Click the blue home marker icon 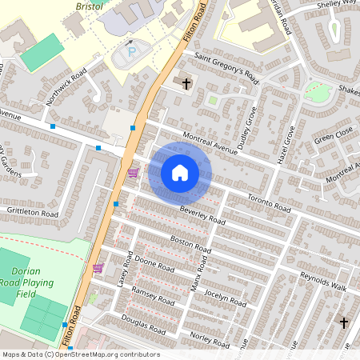point(180,173)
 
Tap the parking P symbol point(132,53)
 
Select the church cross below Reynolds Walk point(344,323)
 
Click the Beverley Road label point(202,214)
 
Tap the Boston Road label point(190,244)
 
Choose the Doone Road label point(154,266)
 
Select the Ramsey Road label point(152,295)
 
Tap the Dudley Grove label point(254,121)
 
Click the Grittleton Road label point(32,214)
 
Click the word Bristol point(90,6)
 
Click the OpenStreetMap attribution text point(80,354)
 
